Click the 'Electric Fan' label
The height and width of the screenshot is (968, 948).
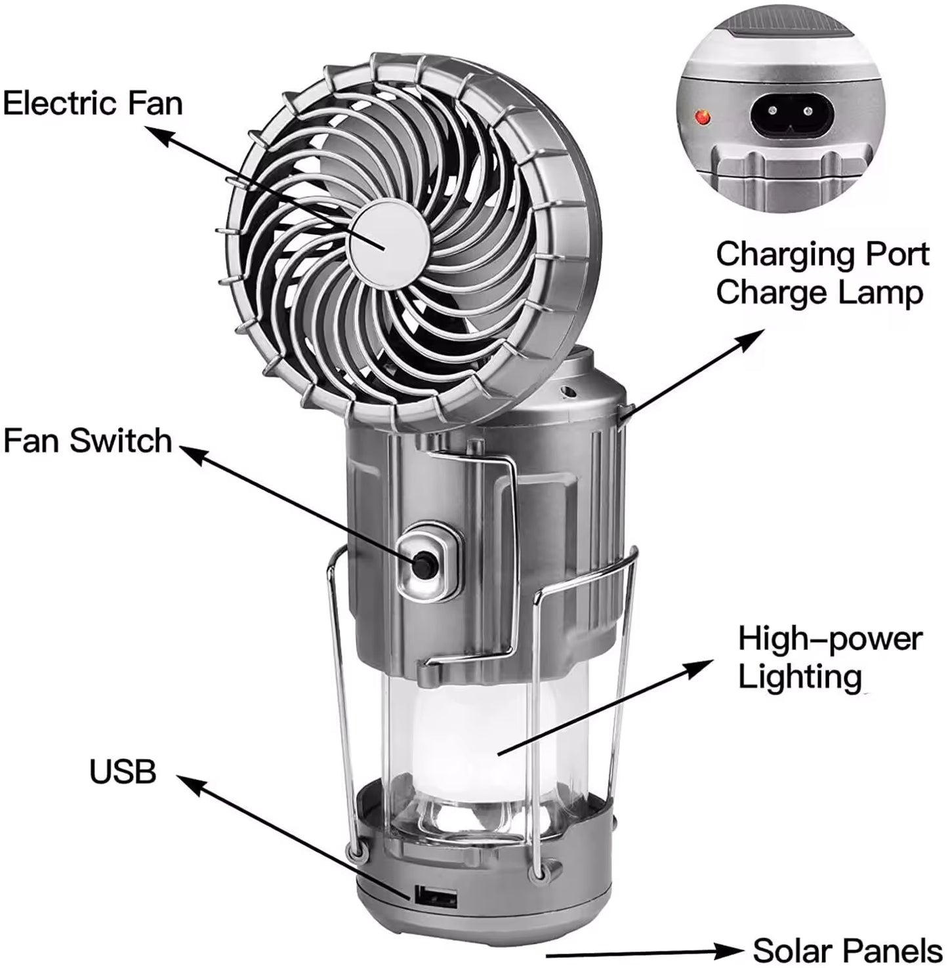click(x=93, y=104)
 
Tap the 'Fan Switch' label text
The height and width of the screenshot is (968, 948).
click(x=87, y=440)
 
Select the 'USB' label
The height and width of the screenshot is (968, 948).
click(x=123, y=772)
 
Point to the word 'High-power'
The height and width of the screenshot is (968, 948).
click(x=830, y=638)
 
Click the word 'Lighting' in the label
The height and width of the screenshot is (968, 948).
click(x=800, y=676)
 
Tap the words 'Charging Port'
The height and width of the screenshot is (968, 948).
click(x=823, y=254)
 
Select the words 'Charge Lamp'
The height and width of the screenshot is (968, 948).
click(x=819, y=292)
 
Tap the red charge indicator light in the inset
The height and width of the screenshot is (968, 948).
click(x=703, y=117)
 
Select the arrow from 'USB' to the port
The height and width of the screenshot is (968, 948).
click(x=295, y=833)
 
